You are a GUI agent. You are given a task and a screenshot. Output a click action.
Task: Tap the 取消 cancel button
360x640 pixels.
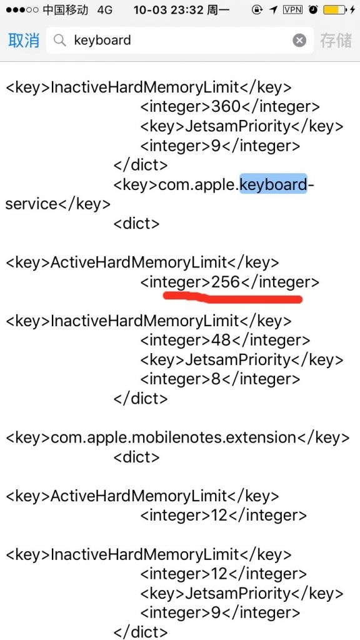(x=24, y=40)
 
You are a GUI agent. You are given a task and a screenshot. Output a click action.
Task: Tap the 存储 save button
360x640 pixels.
(x=336, y=40)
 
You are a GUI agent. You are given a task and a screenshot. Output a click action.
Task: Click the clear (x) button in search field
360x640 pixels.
(x=299, y=40)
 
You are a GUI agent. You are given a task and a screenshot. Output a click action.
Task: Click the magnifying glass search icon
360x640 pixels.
(x=60, y=40)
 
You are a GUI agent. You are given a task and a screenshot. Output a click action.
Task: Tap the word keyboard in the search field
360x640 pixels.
(x=102, y=40)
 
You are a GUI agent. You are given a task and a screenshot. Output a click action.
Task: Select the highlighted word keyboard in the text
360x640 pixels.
(x=273, y=184)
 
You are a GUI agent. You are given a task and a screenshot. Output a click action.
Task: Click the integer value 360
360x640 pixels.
(x=226, y=106)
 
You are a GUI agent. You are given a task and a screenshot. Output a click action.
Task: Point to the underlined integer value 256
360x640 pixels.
(x=225, y=282)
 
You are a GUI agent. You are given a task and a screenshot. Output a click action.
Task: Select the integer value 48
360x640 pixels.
(x=221, y=340)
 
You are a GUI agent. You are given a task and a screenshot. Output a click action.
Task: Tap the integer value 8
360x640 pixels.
(x=216, y=379)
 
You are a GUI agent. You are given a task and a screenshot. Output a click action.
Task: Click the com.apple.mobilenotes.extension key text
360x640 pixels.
(x=173, y=437)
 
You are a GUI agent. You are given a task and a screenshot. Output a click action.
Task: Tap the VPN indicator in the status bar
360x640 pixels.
(x=292, y=10)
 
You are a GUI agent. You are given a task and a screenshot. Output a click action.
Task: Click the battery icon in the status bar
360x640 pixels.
(x=334, y=10)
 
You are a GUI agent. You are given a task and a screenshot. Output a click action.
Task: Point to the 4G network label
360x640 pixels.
(x=105, y=10)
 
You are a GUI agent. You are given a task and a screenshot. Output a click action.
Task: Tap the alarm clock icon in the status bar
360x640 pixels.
(x=313, y=10)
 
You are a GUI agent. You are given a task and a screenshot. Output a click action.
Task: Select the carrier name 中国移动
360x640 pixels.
(x=65, y=10)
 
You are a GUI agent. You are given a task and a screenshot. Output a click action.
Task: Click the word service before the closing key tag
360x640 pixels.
(x=32, y=204)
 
